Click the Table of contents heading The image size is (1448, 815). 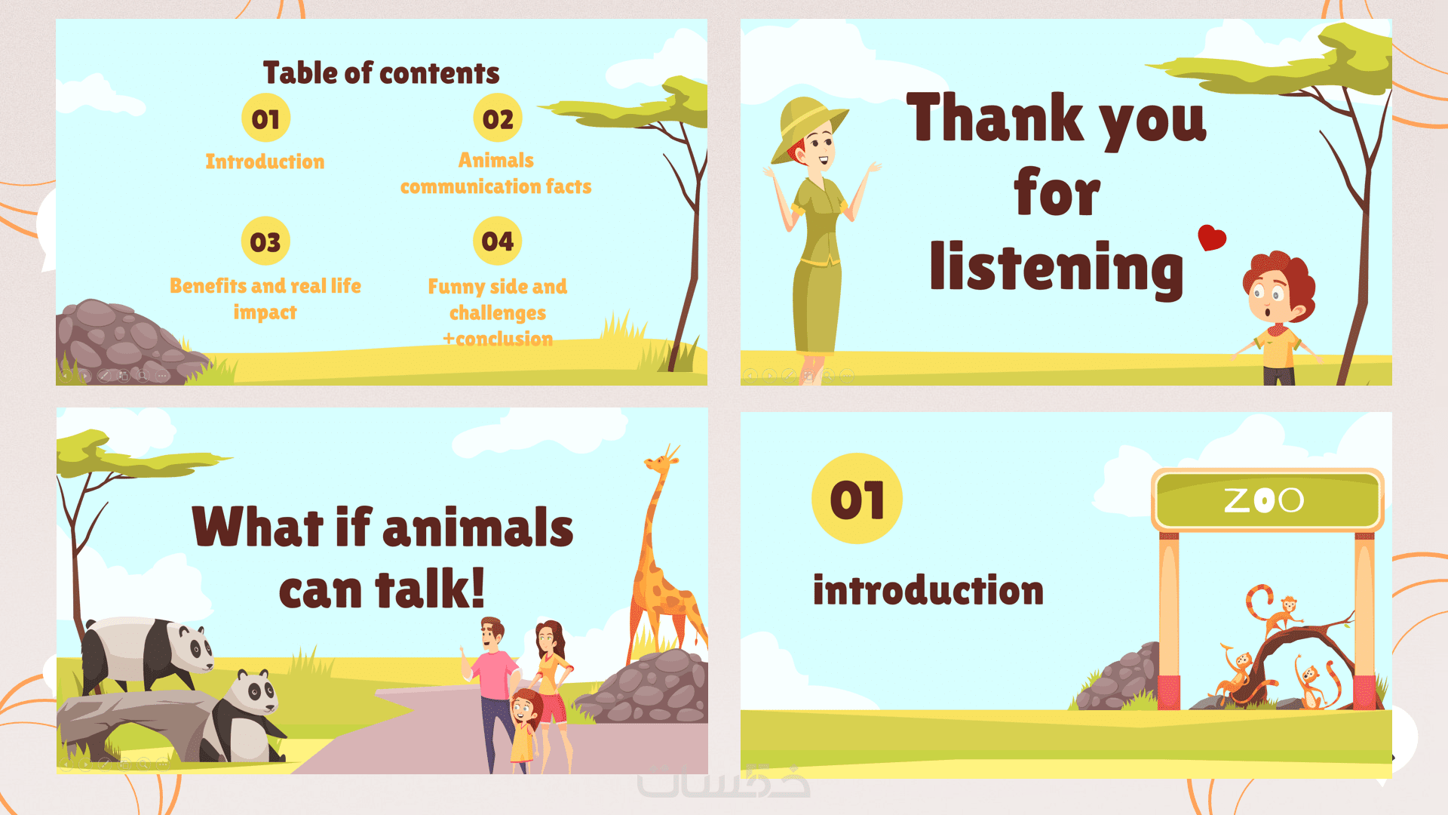[381, 73]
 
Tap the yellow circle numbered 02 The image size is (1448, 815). [498, 118]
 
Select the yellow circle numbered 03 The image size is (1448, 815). [265, 241]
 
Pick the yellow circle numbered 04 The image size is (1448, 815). [498, 241]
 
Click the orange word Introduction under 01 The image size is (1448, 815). [265, 161]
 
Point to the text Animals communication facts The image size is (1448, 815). [495, 173]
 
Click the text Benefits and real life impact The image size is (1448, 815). [265, 299]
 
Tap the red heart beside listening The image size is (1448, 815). [1212, 237]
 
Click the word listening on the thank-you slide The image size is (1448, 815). [1057, 268]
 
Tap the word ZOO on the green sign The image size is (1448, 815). [1264, 500]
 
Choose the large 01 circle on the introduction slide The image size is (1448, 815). [857, 499]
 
